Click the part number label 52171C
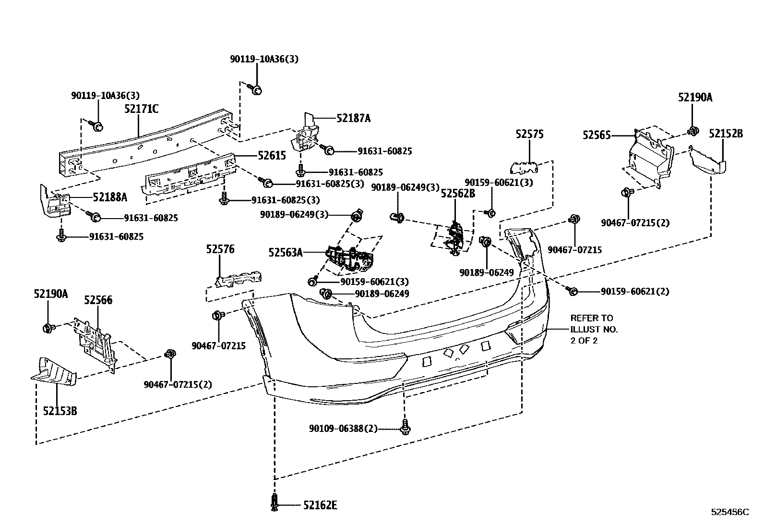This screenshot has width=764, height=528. pyautogui.click(x=141, y=109)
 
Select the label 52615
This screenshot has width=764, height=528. pyautogui.click(x=272, y=156)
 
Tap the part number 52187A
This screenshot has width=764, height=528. pyautogui.click(x=353, y=118)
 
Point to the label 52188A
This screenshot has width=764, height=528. pyautogui.click(x=110, y=197)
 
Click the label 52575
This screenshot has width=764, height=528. pyautogui.click(x=530, y=135)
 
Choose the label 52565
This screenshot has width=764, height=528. pyautogui.click(x=597, y=135)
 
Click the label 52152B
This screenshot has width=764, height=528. pyautogui.click(x=726, y=134)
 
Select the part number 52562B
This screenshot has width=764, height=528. pyautogui.click(x=458, y=194)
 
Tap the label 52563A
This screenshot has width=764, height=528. pyautogui.click(x=286, y=252)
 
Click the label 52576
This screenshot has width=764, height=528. pyautogui.click(x=220, y=249)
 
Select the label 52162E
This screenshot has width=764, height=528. pyautogui.click(x=320, y=505)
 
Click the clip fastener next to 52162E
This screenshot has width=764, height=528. pyautogui.click(x=275, y=503)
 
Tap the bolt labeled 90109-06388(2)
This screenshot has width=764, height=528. pyautogui.click(x=406, y=427)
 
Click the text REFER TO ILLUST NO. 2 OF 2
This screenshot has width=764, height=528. pyautogui.click(x=594, y=329)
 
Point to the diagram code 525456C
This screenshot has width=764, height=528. pyautogui.click(x=729, y=512)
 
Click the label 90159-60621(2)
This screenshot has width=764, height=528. pyautogui.click(x=634, y=292)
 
